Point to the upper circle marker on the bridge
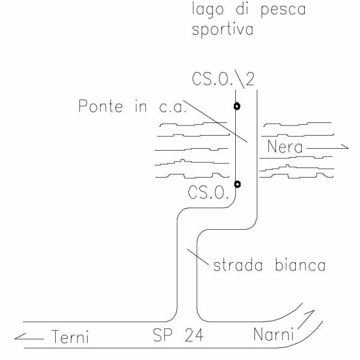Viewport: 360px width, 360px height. (237, 107)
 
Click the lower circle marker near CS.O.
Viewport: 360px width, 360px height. (238, 184)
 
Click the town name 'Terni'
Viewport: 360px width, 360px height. (68, 337)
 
